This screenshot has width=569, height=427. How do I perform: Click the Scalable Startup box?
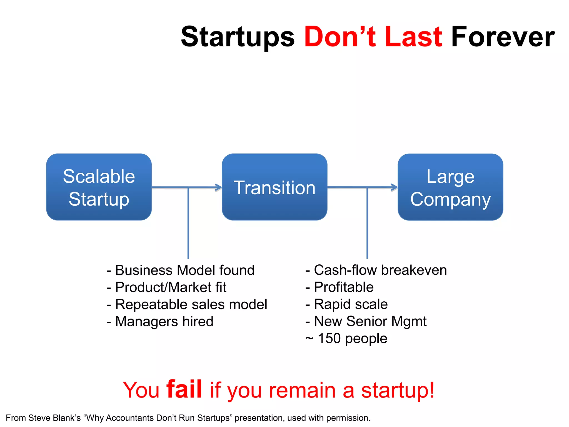coord(99,187)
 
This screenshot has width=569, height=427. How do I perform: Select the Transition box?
coord(274,187)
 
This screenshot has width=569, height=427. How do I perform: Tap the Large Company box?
coord(450,187)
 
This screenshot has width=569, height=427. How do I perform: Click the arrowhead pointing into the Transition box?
coord(219,187)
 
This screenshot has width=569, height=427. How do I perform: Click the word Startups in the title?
coord(238,37)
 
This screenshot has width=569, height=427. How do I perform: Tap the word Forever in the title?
coord(503,37)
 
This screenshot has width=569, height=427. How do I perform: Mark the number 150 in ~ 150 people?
coord(329,339)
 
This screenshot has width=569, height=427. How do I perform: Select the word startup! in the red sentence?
coord(398,390)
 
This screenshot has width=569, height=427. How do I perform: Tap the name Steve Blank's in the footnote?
coord(54,418)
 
